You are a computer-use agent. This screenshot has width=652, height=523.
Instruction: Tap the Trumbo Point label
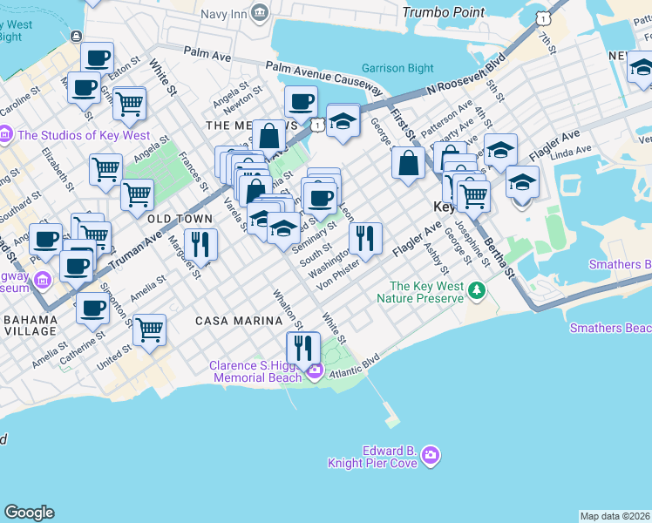(443, 12)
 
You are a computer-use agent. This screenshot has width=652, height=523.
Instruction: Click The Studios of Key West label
(84, 136)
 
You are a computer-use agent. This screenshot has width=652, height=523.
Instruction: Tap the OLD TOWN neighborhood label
(180, 218)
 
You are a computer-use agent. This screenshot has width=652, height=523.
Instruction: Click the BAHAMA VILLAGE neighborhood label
(30, 325)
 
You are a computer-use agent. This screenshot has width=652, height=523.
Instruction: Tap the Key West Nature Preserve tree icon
(476, 289)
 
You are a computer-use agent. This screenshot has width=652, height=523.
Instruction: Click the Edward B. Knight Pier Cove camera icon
(429, 455)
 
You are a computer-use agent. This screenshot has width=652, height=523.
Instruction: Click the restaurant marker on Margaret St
(200, 244)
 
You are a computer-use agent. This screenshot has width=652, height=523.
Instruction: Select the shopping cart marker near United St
(150, 329)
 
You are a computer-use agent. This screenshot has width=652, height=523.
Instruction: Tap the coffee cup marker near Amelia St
(92, 307)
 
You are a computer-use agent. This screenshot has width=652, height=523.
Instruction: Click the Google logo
(29, 513)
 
